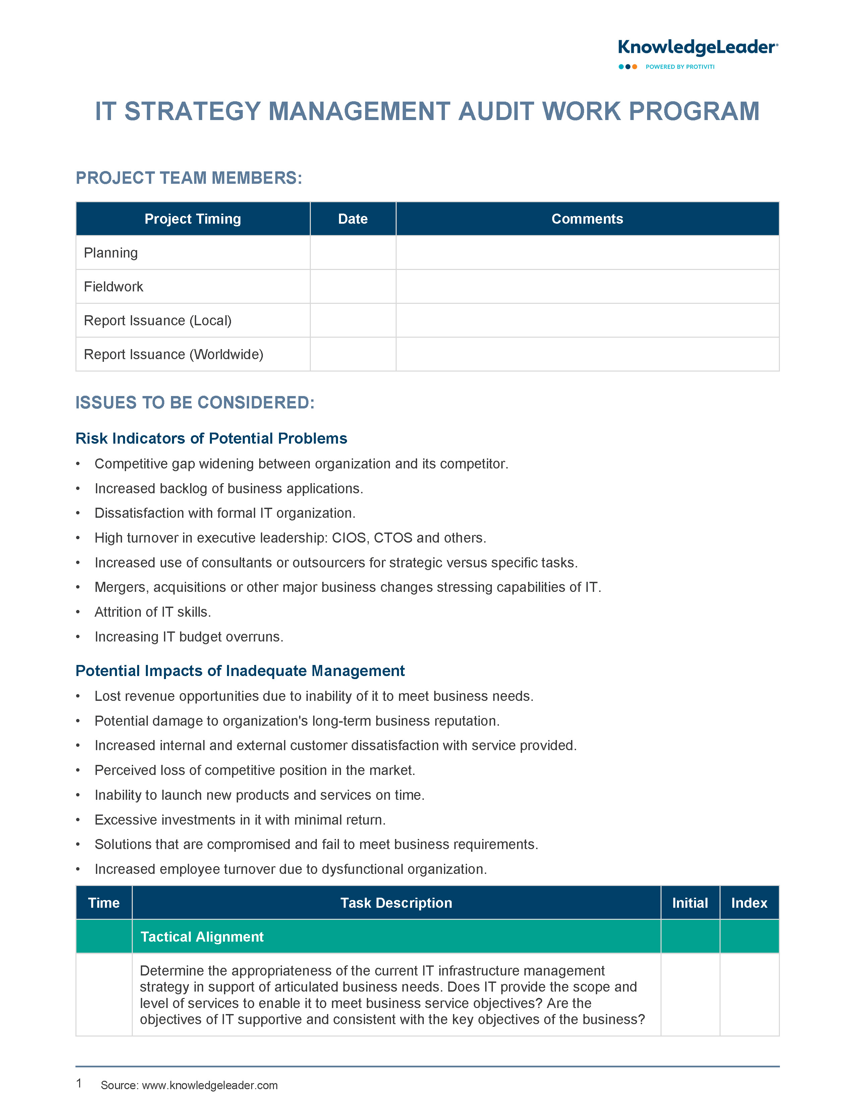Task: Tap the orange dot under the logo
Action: [x=635, y=67]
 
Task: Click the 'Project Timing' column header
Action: [x=192, y=219]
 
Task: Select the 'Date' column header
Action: [x=353, y=219]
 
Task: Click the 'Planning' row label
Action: [x=111, y=253]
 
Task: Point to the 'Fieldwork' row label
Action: [x=113, y=286]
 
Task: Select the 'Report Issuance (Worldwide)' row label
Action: [x=174, y=354]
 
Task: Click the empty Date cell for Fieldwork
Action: [x=353, y=286]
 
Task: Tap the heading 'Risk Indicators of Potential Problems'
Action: [x=211, y=438]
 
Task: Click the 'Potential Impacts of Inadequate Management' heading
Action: [x=240, y=671]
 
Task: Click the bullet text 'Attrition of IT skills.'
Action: [x=153, y=612]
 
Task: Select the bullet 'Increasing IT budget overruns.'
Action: [x=189, y=636]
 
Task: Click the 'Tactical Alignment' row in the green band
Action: [x=202, y=937]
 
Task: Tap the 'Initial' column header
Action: [x=690, y=903]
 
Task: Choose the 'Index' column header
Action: [x=749, y=903]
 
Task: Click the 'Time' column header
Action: [x=104, y=903]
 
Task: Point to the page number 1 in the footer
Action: [x=79, y=1083]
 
